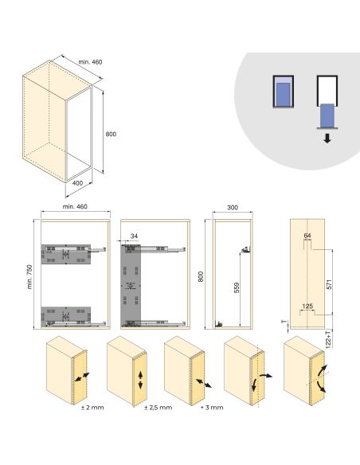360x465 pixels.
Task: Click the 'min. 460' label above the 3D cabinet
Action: [x=90, y=61]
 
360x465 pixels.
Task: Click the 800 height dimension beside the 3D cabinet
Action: [x=111, y=134]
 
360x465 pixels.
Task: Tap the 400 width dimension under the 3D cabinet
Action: [x=78, y=183]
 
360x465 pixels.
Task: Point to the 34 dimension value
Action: [x=134, y=236]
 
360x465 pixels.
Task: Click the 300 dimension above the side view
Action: [x=232, y=207]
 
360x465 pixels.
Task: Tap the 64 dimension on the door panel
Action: [x=307, y=236]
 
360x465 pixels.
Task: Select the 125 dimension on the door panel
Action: [x=307, y=305]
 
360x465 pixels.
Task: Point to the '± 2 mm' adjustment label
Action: [x=91, y=408]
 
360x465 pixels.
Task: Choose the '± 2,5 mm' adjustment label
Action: [x=156, y=408]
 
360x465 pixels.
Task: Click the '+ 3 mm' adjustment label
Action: [x=213, y=408]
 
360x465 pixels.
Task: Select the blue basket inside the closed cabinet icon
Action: [x=282, y=96]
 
